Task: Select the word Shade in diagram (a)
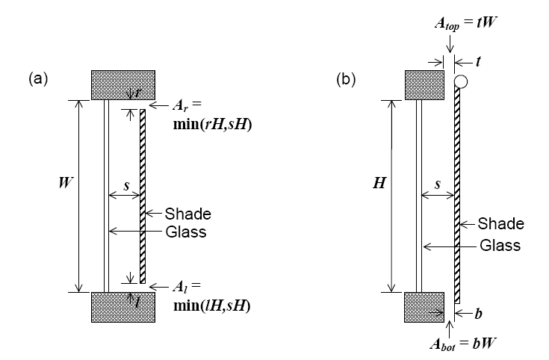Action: [x=187, y=214]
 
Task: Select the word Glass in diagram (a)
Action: [x=185, y=232]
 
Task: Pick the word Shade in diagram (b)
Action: [x=501, y=224]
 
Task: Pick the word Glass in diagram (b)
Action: [x=499, y=245]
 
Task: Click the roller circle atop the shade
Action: [x=460, y=81]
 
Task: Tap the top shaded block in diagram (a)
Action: [x=123, y=84]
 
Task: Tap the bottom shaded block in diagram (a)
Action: [x=123, y=307]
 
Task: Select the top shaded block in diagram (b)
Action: [x=424, y=84]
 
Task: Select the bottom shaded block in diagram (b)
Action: [x=424, y=307]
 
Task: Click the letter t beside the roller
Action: [x=478, y=63]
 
